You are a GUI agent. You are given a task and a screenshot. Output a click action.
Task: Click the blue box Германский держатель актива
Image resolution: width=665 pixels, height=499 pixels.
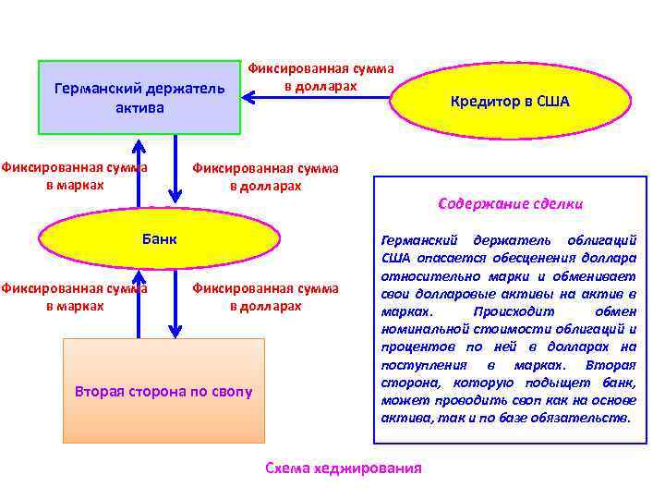pos(139,98)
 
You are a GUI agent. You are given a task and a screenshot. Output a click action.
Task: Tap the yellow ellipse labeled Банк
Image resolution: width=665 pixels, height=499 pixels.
pos(159,240)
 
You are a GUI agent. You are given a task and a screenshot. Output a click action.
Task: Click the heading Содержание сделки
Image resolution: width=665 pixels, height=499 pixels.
pos(510,203)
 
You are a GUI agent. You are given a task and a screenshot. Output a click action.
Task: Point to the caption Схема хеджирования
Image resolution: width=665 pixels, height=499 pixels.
pos(343,468)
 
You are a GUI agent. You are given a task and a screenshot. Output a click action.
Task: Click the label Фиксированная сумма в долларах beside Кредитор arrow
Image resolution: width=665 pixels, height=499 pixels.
pos(320,78)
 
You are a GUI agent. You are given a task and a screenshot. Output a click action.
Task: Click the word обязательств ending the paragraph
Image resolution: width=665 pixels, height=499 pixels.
pos(586,417)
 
